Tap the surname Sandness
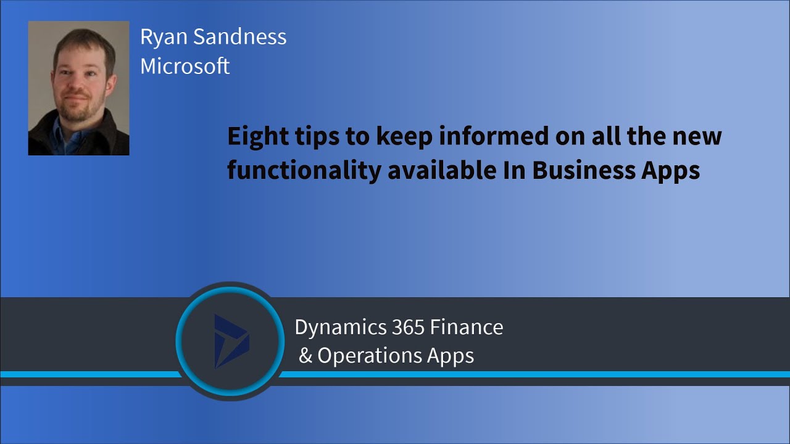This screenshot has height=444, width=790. (x=240, y=37)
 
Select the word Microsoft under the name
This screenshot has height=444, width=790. (x=185, y=66)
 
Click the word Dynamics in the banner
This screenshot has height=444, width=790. (x=340, y=327)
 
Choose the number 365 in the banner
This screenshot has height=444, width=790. (x=408, y=327)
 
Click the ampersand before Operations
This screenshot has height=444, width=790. (x=306, y=356)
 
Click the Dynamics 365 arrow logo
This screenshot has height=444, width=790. (x=230, y=341)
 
